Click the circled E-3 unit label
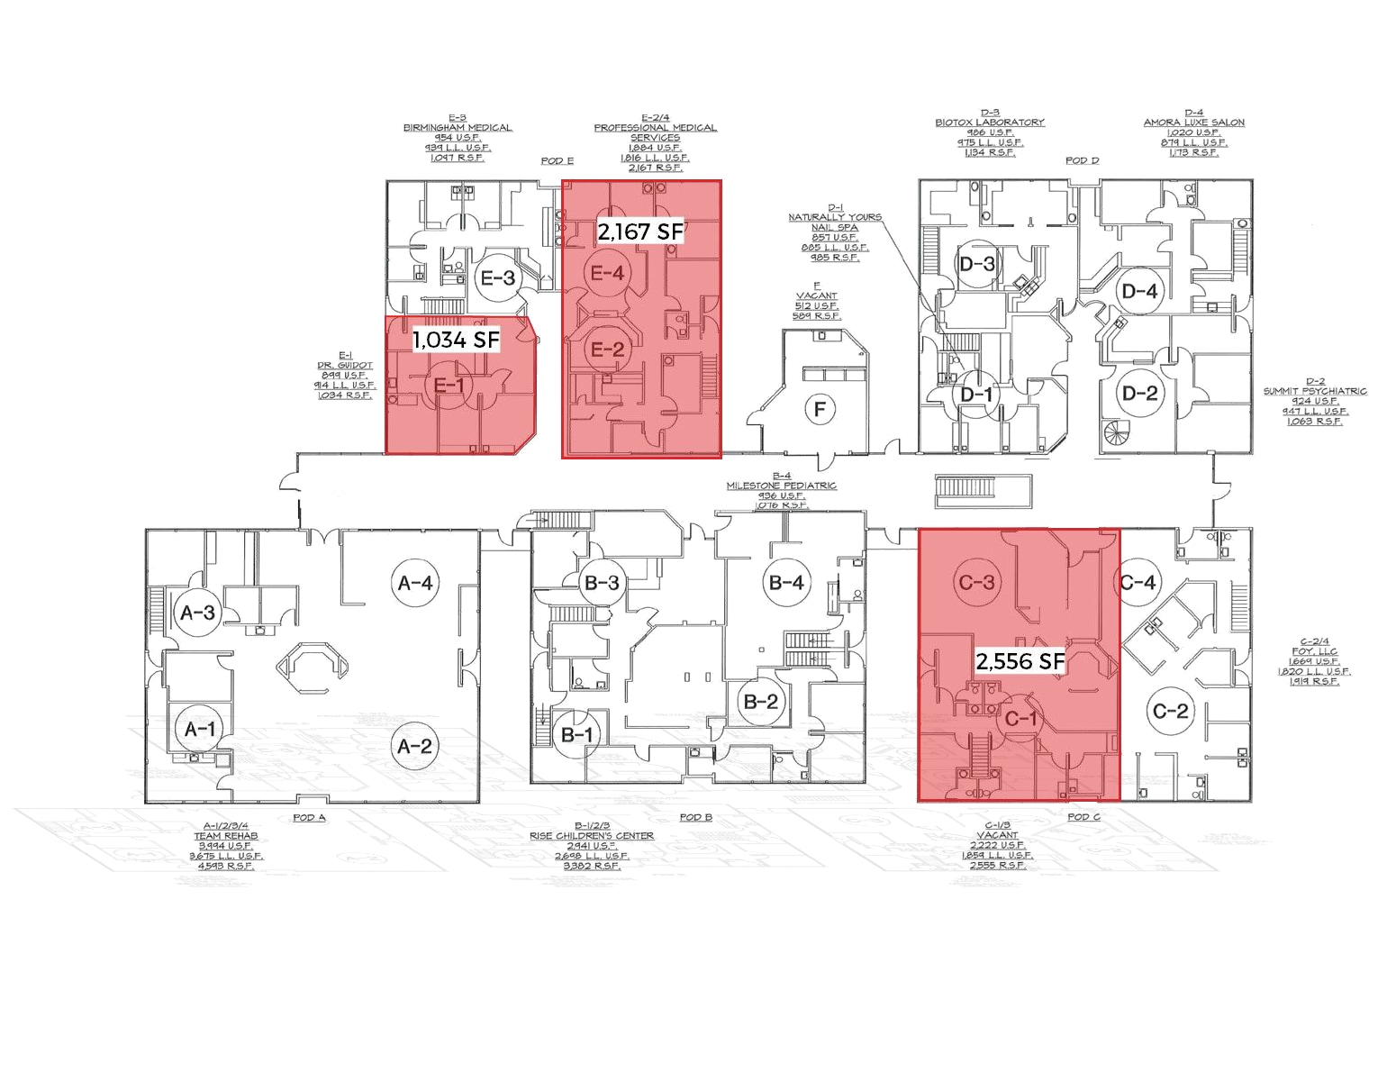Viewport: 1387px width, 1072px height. (x=497, y=277)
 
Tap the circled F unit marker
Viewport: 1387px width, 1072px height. (x=819, y=410)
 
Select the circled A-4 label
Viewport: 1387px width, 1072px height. (x=415, y=583)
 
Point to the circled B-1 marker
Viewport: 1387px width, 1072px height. (x=576, y=734)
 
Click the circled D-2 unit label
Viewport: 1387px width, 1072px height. (x=1139, y=393)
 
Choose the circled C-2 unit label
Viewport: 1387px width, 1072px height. (x=1170, y=711)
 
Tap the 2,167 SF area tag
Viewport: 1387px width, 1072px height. (x=640, y=232)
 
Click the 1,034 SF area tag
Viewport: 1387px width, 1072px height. (x=456, y=340)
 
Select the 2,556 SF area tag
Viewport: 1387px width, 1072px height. (x=1020, y=661)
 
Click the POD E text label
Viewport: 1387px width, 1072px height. (x=557, y=160)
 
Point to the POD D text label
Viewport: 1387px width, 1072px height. (x=1082, y=160)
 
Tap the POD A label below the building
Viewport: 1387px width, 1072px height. (x=309, y=817)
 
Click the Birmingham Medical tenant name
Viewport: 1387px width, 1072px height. (x=458, y=128)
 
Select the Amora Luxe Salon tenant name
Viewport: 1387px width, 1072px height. (x=1193, y=123)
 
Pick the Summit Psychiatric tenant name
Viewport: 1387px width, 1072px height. (x=1314, y=391)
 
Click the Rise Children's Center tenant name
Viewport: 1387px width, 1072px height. (x=592, y=836)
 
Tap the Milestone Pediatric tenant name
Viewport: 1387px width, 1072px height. (x=781, y=486)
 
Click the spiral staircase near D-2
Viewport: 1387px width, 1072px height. (x=1121, y=436)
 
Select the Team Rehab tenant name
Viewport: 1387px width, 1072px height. (x=225, y=836)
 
